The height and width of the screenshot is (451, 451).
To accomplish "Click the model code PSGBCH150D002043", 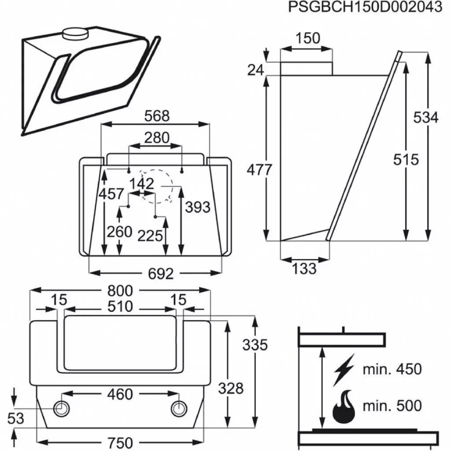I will [365, 7].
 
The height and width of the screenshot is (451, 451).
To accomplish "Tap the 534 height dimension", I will [425, 118].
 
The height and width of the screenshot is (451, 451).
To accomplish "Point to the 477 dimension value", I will [259, 170].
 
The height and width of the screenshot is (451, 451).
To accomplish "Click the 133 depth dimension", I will [304, 268].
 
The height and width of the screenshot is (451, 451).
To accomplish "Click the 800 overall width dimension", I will [120, 290].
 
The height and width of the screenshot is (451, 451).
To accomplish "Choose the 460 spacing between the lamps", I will [120, 394].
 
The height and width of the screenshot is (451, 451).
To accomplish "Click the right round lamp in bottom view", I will [178, 409].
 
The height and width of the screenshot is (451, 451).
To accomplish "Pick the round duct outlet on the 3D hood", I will [75, 33].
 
